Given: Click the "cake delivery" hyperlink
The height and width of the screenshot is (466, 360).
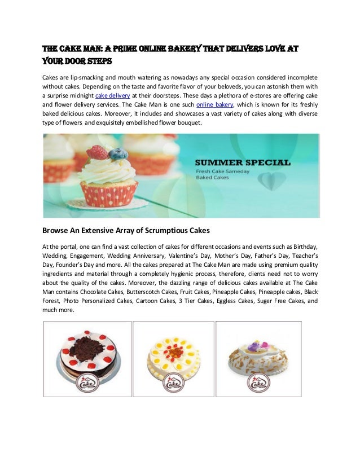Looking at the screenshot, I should [x=106, y=95].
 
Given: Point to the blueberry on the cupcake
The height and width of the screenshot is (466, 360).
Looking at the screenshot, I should [x=117, y=153].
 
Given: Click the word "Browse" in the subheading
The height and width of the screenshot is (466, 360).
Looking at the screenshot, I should [x=59, y=230].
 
